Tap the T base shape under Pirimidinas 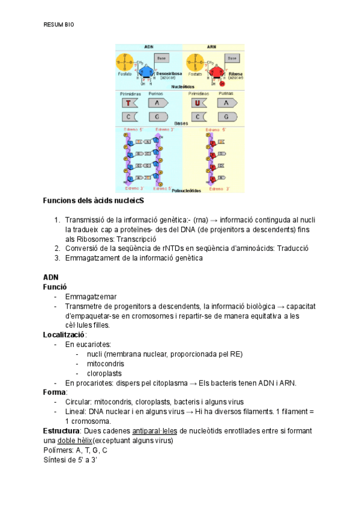point(128,103)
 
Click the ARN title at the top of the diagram point(212,47)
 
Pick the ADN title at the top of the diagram point(149,47)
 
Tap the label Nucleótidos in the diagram point(182,87)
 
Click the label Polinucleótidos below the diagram point(187,190)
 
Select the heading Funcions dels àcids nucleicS point(94,200)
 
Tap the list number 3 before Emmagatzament point(56,258)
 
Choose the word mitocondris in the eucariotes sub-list point(105,364)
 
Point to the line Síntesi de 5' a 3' point(70,460)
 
